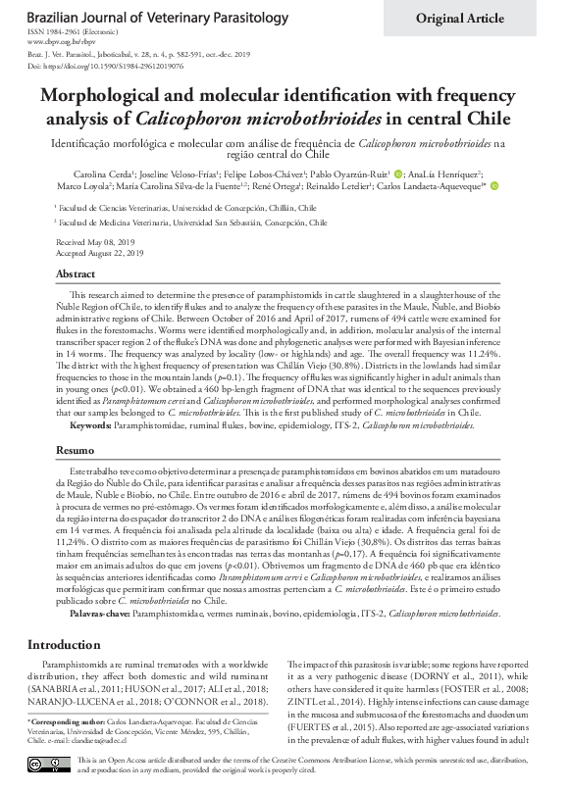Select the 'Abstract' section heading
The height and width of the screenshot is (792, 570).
(76, 274)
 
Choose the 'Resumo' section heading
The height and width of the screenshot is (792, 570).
(75, 449)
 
